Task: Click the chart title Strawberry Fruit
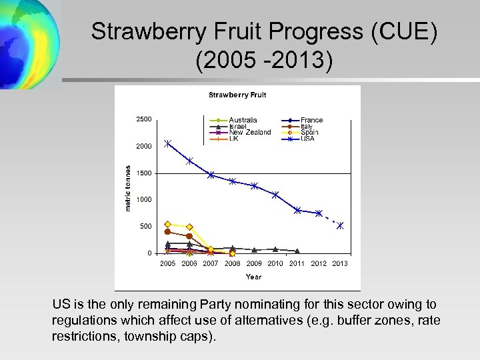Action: pos(237,95)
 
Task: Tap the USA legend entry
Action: pos(307,139)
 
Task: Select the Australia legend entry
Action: pos(243,120)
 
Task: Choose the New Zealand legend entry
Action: pos(250,132)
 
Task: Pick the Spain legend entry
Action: pos(309,132)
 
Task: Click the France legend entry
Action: pos(311,120)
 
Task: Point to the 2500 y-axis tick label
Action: pos(143,119)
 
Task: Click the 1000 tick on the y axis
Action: pos(143,199)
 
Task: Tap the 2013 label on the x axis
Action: pos(340,263)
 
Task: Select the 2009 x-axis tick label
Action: pos(254,263)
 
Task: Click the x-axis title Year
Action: pos(253,277)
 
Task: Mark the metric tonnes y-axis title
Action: pos(129,189)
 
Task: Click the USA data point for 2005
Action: pos(168,143)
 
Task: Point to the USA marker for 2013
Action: pos(340,225)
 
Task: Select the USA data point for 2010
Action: pos(275,195)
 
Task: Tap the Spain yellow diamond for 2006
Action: pos(189,227)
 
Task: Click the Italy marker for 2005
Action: pos(168,232)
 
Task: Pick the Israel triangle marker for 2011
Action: pos(297,251)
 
